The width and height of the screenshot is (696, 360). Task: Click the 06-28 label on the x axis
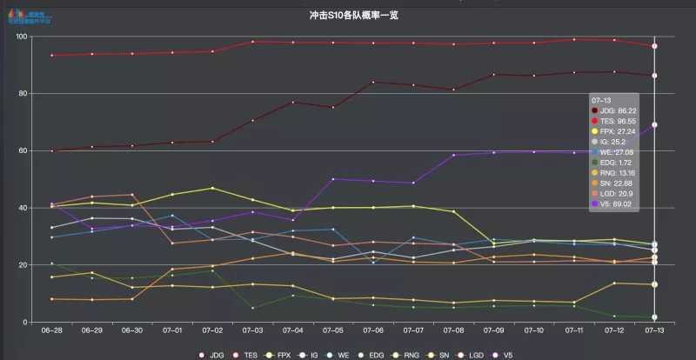(52, 331)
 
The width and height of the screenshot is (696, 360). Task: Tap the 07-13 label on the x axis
(654, 331)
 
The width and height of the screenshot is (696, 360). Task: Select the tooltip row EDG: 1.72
(616, 162)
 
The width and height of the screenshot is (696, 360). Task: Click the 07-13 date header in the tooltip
(600, 101)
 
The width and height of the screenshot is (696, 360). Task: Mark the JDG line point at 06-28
(52, 151)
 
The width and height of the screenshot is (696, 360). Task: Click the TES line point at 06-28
(52, 56)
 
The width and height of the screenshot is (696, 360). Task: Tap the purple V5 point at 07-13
(654, 125)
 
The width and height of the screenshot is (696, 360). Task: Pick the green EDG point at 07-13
(654, 317)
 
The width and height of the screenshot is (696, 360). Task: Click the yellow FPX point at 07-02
(212, 188)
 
